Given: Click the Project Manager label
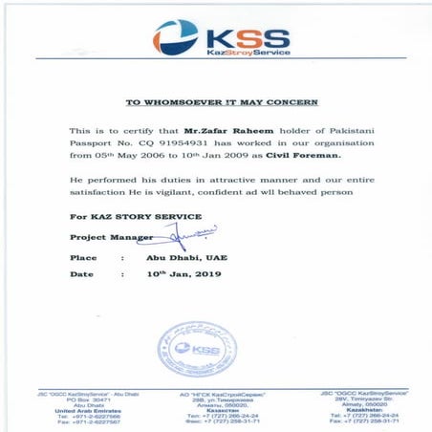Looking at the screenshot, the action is click(103, 236).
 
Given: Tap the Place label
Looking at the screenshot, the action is click(83, 257).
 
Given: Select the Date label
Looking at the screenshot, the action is click(81, 274).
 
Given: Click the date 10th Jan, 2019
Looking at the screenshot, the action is click(183, 274).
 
